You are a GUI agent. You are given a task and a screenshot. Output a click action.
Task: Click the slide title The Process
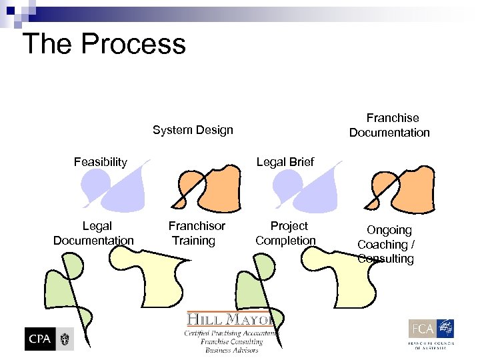104,44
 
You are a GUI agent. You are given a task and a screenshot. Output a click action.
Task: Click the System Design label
193,130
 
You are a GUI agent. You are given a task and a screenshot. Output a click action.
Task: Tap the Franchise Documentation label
390,125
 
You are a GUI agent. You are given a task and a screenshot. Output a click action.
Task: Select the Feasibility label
100,162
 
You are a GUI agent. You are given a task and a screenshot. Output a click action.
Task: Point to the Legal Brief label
285,162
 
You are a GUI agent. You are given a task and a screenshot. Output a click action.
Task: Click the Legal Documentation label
94,233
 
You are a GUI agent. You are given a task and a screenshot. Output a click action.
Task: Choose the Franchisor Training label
196,233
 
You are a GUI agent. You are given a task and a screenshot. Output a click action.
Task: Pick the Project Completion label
286,233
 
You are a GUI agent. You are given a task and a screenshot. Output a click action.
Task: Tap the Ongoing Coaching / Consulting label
387,244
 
